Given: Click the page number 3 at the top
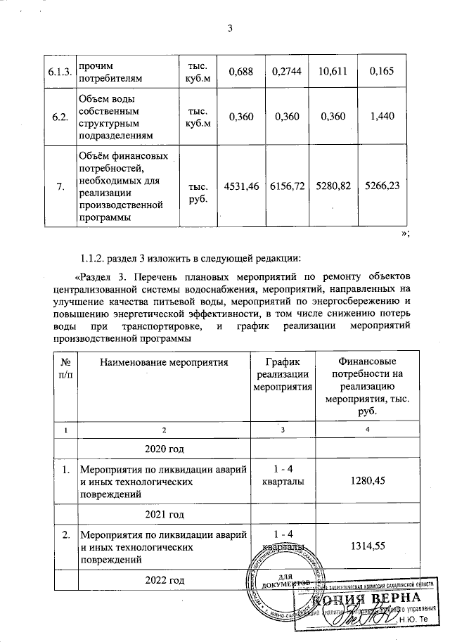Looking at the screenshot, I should point(229,28).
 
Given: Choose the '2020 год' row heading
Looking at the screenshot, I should point(164,448).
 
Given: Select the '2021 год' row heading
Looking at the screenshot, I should point(164,515).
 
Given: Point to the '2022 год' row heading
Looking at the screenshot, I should point(164,580).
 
